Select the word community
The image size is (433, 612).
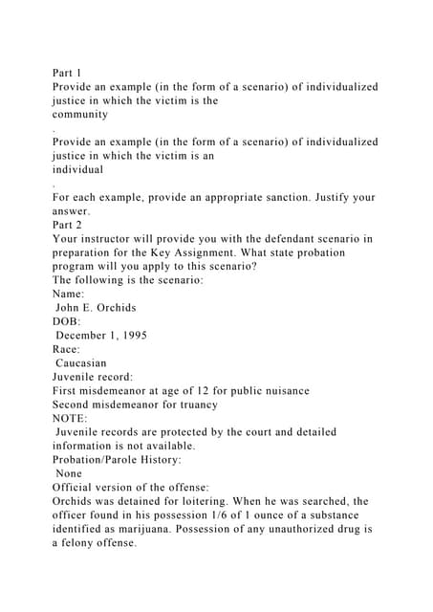80,114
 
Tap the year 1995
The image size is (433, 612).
158,336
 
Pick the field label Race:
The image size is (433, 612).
70,350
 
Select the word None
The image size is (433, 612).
70,473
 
